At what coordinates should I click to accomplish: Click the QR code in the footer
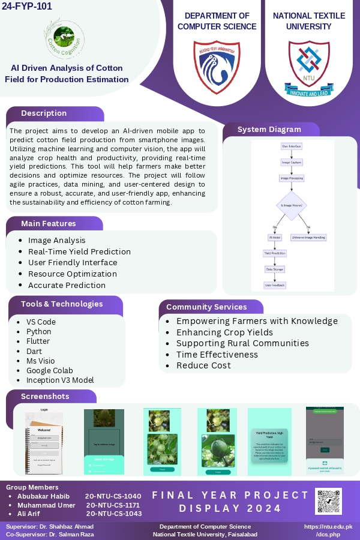click(x=328, y=501)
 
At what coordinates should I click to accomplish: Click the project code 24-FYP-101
click(x=27, y=7)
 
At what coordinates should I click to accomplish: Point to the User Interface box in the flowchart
click(x=292, y=146)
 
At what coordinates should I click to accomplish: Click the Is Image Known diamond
click(x=292, y=205)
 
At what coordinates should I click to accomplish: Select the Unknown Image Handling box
click(x=308, y=238)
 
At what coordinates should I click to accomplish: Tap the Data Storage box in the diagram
click(x=275, y=269)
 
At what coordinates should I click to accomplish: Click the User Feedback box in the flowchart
click(x=275, y=286)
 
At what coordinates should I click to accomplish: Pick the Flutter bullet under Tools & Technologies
click(x=38, y=341)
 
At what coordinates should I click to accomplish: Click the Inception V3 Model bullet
click(x=60, y=380)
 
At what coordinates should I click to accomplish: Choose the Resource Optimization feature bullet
click(x=73, y=274)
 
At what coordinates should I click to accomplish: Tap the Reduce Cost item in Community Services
click(x=203, y=365)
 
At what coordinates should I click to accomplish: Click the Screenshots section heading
click(x=45, y=396)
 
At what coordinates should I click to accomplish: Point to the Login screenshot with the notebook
click(x=44, y=441)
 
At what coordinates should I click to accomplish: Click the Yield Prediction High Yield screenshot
click(x=269, y=442)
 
